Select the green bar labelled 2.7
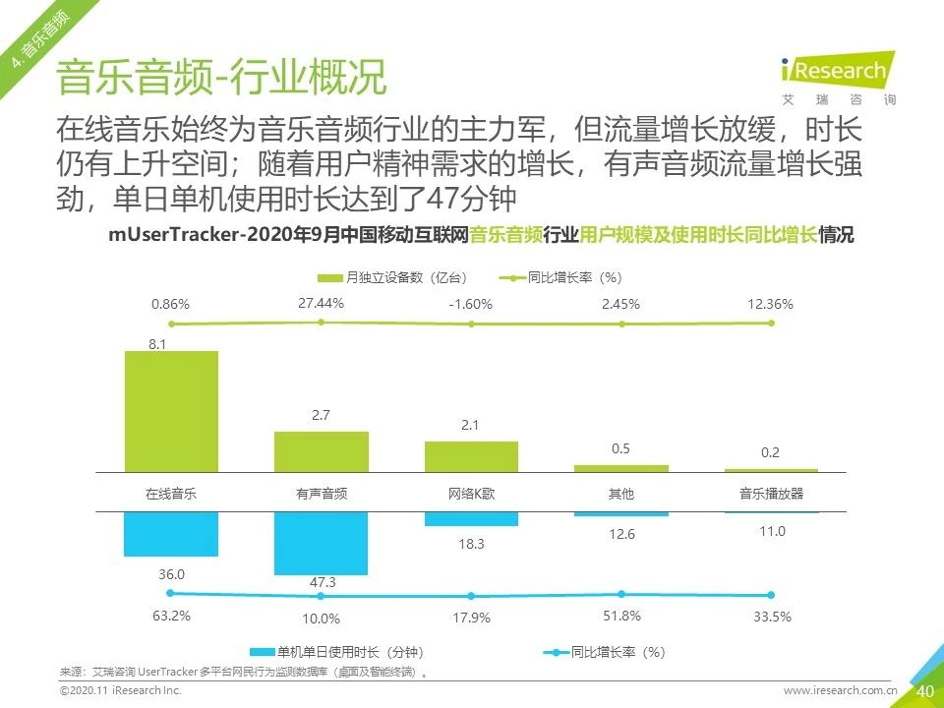point(322,451)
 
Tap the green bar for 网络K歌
point(471,456)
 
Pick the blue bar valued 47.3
point(322,543)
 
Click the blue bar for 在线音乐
point(171,534)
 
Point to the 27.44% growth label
point(321,303)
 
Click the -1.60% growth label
point(470,304)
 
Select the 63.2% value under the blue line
point(171,617)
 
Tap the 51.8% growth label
point(620,616)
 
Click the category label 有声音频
point(322,494)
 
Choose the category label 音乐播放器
point(771,494)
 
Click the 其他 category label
point(621,494)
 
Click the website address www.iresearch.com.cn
point(840,691)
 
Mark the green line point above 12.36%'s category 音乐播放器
point(771,323)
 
